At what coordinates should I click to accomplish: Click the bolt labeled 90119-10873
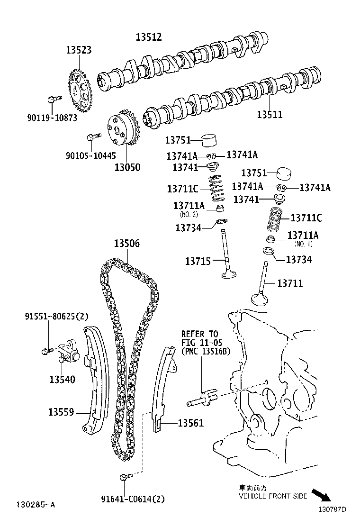click(53, 100)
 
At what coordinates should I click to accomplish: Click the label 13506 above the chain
click(126, 244)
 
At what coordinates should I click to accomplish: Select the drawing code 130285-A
click(36, 505)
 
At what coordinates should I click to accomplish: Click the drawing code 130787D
click(332, 509)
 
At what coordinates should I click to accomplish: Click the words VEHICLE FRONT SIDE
click(272, 496)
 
